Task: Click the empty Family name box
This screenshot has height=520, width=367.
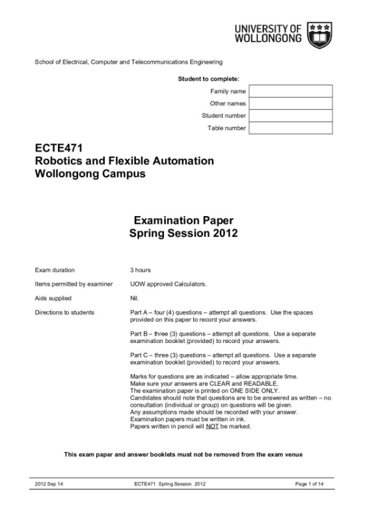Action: (290, 91)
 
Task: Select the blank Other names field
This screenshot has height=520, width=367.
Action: (290, 103)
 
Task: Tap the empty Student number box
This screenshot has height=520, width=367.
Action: (290, 116)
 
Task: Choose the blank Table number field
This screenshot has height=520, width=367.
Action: (290, 128)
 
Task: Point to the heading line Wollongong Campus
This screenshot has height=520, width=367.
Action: (90, 174)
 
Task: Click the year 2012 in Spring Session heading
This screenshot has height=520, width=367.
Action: (223, 232)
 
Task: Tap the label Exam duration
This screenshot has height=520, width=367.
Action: (55, 269)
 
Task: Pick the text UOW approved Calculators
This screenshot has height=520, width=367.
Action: (159, 284)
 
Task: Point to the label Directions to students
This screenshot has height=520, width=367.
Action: (64, 312)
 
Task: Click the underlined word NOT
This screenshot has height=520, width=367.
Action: (211, 426)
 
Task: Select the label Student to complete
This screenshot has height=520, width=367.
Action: (208, 78)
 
